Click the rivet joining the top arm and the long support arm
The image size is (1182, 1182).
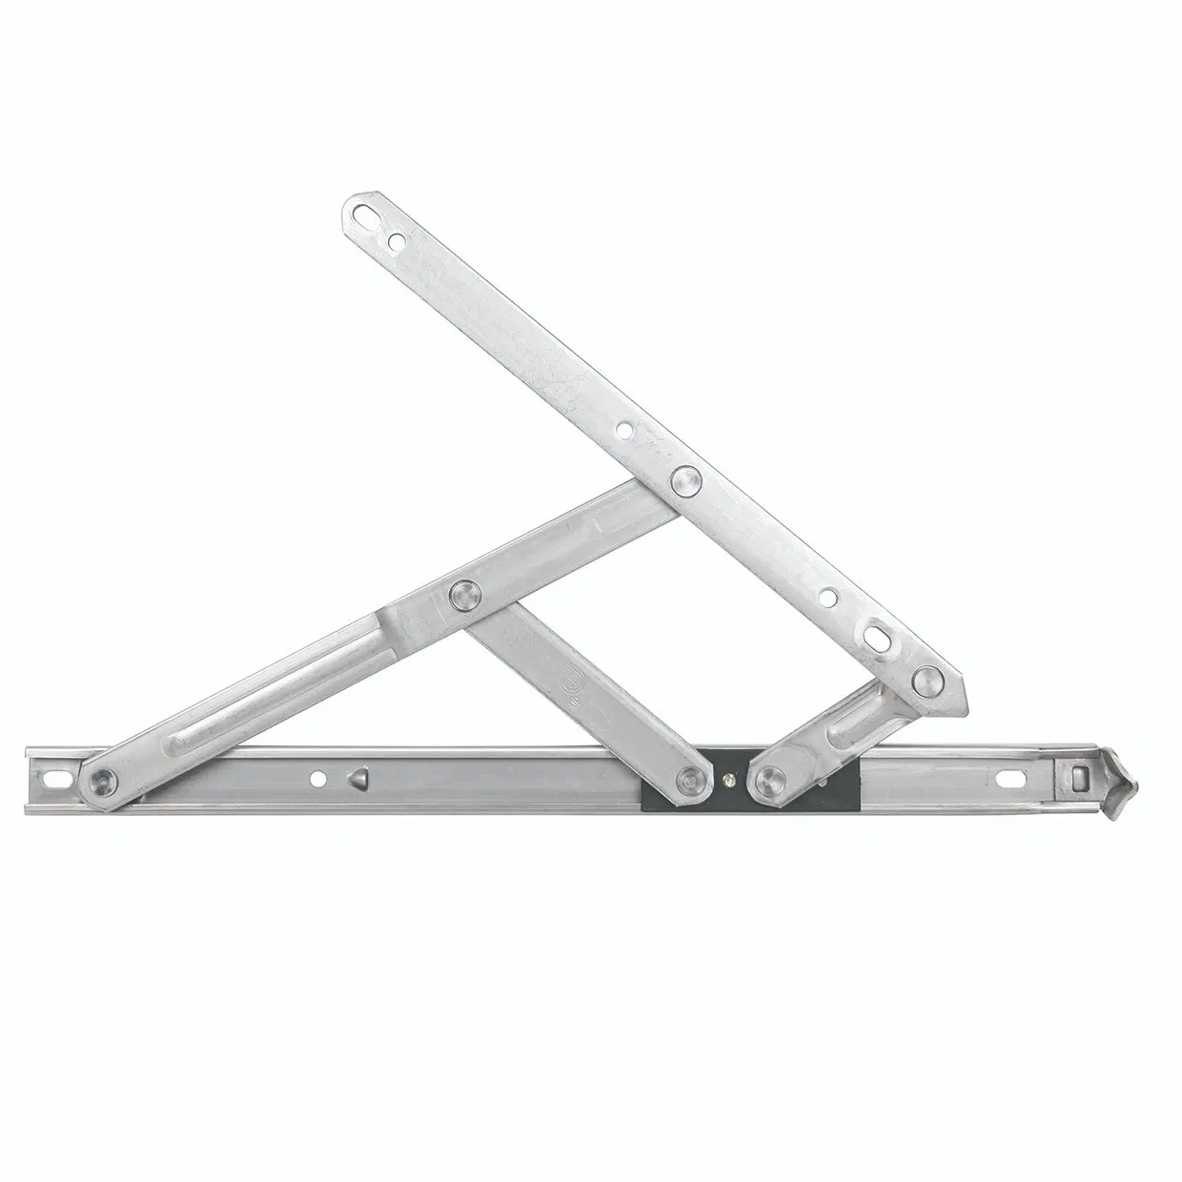tap(683, 479)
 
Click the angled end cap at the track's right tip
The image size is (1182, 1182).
tap(1117, 777)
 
